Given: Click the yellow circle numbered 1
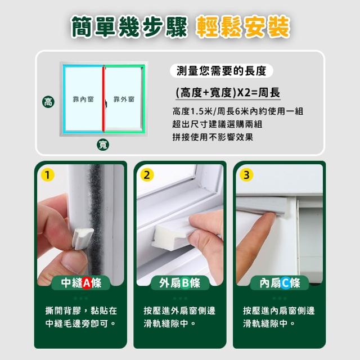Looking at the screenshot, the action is (x=47, y=175).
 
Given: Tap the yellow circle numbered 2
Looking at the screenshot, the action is (x=147, y=175).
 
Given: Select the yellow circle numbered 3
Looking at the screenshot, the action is (x=246, y=175).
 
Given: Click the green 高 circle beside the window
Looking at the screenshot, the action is (x=48, y=102).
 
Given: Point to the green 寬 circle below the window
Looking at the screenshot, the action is (x=103, y=145).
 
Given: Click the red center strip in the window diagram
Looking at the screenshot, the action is (x=103, y=100).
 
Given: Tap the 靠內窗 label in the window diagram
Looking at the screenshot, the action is (x=83, y=99).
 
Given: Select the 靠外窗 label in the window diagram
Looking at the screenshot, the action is (x=124, y=99).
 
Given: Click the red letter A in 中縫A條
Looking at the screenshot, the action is (x=87, y=283).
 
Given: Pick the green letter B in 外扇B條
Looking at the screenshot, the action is (x=186, y=283).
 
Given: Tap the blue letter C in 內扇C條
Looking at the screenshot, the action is (x=285, y=283).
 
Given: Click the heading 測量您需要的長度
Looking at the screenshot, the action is (x=221, y=71).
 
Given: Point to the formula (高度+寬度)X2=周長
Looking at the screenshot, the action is (x=228, y=93).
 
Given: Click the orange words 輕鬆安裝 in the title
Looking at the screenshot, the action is (x=243, y=27).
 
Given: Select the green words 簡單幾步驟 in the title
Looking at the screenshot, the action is (x=129, y=27).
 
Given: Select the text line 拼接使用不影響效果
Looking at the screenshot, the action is (x=213, y=137).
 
